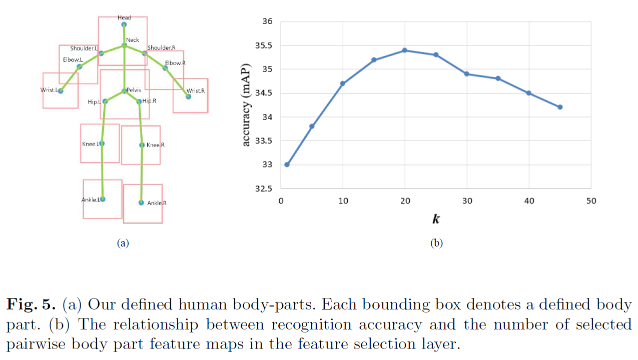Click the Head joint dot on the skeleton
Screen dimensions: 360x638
pyautogui.click(x=124, y=24)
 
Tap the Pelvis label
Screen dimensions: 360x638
pyautogui.click(x=134, y=89)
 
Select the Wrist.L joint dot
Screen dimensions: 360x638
pyautogui.click(x=61, y=91)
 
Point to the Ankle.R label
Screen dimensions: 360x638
pyautogui.click(x=157, y=203)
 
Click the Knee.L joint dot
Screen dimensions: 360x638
pyautogui.click(x=102, y=143)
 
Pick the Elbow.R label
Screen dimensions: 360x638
pyautogui.click(x=175, y=63)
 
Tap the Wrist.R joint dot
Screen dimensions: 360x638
pyautogui.click(x=188, y=96)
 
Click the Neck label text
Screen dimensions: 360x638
pyautogui.click(x=133, y=40)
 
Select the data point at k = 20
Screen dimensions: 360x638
pyautogui.click(x=404, y=50)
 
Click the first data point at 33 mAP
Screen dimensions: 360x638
pyautogui.click(x=287, y=164)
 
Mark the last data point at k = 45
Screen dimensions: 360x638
pyautogui.click(x=560, y=107)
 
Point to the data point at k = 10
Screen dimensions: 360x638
pyautogui.click(x=342, y=83)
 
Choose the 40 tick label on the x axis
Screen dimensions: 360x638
pyautogui.click(x=529, y=201)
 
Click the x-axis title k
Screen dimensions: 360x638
pyautogui.click(x=436, y=219)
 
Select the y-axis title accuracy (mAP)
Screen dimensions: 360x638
pyautogui.click(x=246, y=105)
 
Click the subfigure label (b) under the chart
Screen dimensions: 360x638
pyautogui.click(x=436, y=243)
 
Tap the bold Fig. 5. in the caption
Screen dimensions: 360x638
pyautogui.click(x=31, y=304)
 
